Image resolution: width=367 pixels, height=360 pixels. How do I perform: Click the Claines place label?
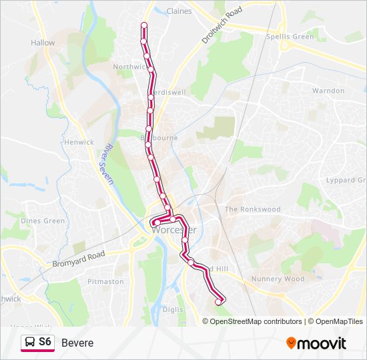click(x=179, y=11)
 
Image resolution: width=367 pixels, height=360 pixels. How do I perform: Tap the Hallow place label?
click(x=43, y=43)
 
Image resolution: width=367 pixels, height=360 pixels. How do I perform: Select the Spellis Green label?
click(x=290, y=37)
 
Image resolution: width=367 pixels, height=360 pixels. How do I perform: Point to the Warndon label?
click(x=328, y=91)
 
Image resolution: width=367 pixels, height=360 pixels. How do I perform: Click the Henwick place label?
click(x=79, y=142)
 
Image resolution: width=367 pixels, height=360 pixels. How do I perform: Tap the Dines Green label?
click(x=43, y=221)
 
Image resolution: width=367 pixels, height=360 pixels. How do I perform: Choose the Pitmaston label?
click(x=105, y=281)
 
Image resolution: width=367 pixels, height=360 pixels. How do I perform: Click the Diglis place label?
click(x=172, y=309)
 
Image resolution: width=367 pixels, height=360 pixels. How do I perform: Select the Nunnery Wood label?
click(x=278, y=279)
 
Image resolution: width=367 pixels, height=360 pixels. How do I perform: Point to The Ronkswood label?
click(x=252, y=209)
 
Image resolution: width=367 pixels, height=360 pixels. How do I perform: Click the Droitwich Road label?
click(x=223, y=27)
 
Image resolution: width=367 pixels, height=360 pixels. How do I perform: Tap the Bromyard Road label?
click(x=79, y=260)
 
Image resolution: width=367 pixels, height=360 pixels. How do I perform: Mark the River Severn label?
click(x=109, y=164)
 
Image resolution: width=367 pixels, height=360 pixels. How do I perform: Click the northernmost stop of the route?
click(x=143, y=25)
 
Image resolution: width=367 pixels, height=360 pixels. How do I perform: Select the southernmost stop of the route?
click(x=218, y=302)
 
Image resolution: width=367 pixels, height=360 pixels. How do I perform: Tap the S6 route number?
click(x=45, y=342)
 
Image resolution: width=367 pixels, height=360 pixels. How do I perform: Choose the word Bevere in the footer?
click(x=77, y=343)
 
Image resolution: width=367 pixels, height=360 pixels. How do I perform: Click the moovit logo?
click(x=316, y=343)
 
